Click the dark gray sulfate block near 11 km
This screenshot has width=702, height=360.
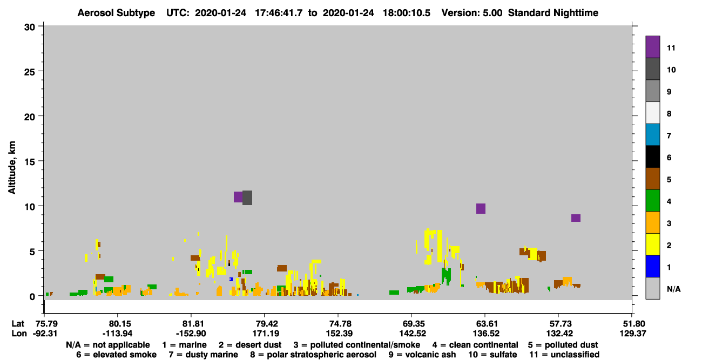[247, 198]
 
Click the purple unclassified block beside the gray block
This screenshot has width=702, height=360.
[238, 197]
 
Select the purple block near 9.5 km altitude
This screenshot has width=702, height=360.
[481, 209]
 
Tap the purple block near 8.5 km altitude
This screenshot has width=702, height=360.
[576, 218]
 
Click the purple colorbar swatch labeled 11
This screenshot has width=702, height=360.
[652, 47]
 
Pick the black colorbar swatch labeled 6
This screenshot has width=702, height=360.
[652, 157]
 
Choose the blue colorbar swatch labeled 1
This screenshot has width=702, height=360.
[652, 266]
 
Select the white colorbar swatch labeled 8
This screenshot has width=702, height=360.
[652, 113]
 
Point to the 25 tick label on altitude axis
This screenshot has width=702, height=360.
[30, 72]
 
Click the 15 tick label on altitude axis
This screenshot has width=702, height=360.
[30, 162]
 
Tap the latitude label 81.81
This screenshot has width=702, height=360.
[191, 324]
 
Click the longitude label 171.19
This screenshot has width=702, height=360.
[266, 334]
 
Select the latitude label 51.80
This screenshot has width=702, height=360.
[633, 324]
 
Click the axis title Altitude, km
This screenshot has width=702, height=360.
[11, 168]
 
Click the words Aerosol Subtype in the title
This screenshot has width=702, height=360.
[116, 13]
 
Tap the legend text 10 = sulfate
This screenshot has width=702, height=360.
[492, 355]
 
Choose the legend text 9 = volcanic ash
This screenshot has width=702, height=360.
[422, 355]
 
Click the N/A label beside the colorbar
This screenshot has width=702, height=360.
[673, 289]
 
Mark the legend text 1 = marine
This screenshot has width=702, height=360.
[184, 345]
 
